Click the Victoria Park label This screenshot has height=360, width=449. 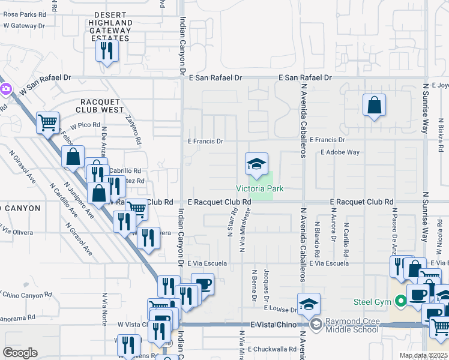259,188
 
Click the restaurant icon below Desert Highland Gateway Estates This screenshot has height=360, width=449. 107,51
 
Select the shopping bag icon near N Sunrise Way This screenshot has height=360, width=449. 374,106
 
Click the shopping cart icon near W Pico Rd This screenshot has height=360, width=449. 47,123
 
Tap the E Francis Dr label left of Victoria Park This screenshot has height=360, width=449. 205,142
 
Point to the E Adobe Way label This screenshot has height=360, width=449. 340,152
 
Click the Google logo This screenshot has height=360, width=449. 20,352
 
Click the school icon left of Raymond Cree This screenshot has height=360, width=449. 309,305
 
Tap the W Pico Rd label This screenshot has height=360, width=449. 85,127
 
